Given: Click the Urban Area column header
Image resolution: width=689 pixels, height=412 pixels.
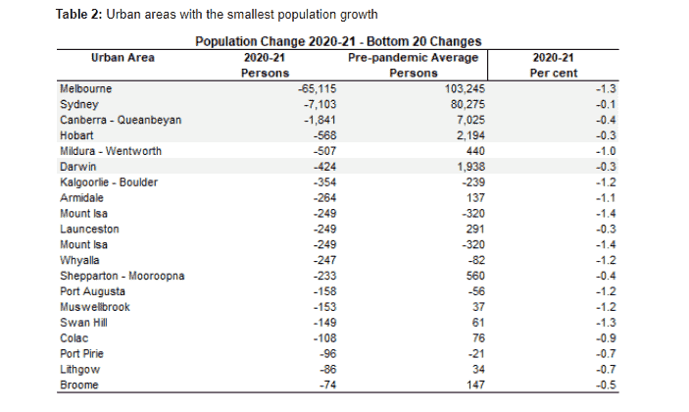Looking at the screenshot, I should [x=123, y=58].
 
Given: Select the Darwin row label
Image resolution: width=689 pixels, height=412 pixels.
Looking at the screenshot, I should [x=77, y=167].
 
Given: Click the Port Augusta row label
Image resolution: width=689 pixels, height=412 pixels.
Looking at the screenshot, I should [x=92, y=291].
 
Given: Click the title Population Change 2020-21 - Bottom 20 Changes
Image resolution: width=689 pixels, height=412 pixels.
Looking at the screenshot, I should [x=337, y=42].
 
